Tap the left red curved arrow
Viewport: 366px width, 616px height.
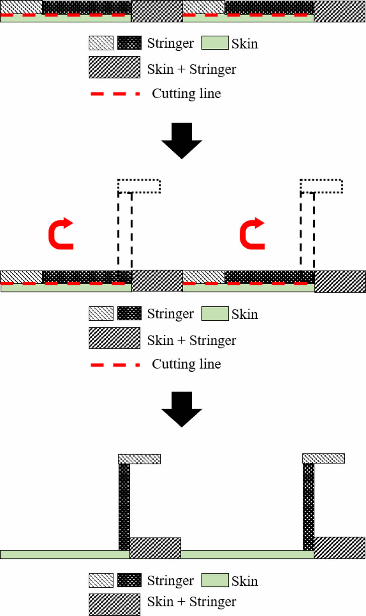(x=60, y=234)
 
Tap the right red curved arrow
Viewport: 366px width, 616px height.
(x=252, y=234)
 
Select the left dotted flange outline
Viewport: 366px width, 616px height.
(x=139, y=186)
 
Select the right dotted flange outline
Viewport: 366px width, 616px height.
(x=321, y=186)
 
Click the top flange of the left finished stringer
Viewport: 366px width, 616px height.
(x=139, y=459)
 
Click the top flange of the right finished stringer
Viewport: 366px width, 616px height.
(x=323, y=459)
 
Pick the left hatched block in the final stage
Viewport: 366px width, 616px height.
(x=155, y=548)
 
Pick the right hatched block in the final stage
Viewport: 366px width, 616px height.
(x=339, y=547)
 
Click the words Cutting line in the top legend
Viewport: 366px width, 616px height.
(x=186, y=93)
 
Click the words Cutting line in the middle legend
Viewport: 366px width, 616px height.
(x=186, y=364)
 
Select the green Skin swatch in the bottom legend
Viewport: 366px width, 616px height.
(x=215, y=580)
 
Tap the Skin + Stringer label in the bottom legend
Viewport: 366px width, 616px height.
(x=191, y=602)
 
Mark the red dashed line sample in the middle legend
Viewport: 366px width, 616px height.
(x=115, y=365)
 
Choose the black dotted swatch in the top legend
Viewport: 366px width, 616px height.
(x=129, y=43)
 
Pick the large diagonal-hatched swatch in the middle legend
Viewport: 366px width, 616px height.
(x=114, y=338)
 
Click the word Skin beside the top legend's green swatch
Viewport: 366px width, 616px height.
(x=245, y=44)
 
